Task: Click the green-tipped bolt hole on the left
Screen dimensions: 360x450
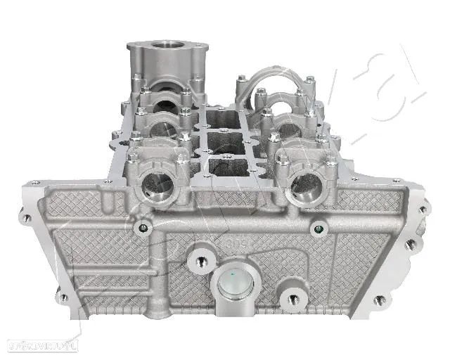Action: tap(144, 227)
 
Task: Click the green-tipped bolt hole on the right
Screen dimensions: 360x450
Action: tap(319, 229)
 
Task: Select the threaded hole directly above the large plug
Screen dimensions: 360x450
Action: tap(202, 262)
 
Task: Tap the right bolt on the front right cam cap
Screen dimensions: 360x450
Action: tap(331, 162)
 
